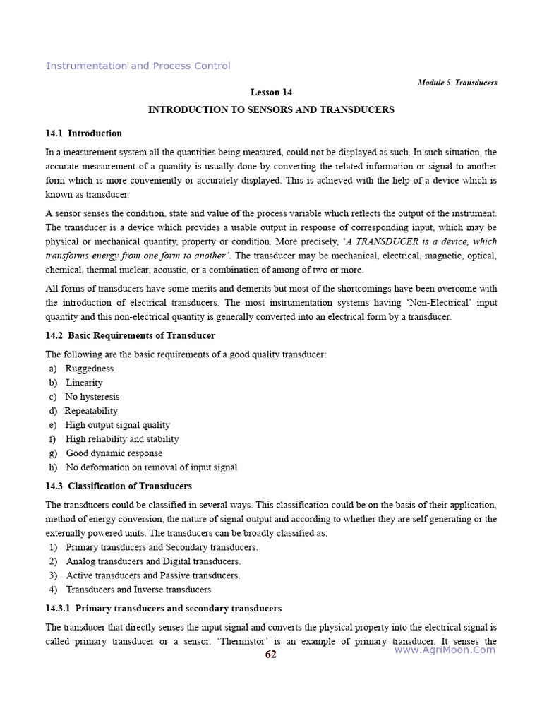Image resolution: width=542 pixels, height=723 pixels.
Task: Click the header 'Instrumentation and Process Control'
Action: tap(138, 66)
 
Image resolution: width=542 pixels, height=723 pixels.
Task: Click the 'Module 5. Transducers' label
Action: tap(457, 83)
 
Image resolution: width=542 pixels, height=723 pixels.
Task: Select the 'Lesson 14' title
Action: tap(271, 92)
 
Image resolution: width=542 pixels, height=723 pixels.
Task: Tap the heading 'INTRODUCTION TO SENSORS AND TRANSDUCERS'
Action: tap(271, 110)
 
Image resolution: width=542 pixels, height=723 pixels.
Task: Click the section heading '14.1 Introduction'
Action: tap(84, 133)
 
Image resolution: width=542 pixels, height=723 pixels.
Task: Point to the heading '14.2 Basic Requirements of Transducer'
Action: tap(131, 336)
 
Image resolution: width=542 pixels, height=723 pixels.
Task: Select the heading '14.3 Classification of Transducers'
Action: tap(119, 486)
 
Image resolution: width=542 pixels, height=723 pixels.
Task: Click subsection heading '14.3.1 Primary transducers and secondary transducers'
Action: tap(164, 609)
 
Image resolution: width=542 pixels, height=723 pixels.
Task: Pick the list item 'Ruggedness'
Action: tap(90, 369)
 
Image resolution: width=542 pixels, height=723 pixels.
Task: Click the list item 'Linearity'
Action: tap(85, 383)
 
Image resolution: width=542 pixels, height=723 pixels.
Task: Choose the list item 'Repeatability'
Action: tap(91, 411)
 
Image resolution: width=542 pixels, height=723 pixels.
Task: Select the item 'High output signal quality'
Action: tap(118, 425)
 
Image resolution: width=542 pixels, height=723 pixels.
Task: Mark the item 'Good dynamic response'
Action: tap(114, 453)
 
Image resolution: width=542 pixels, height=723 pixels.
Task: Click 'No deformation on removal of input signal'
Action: tap(152, 467)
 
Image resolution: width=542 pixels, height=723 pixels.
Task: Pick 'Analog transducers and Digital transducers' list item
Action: tap(153, 562)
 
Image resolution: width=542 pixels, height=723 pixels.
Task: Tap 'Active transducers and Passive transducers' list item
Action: tap(153, 576)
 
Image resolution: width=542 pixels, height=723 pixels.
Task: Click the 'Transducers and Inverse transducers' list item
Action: tap(138, 590)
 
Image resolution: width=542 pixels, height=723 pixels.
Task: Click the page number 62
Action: tap(271, 655)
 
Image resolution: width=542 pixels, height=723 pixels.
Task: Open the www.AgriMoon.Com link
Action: tap(445, 650)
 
